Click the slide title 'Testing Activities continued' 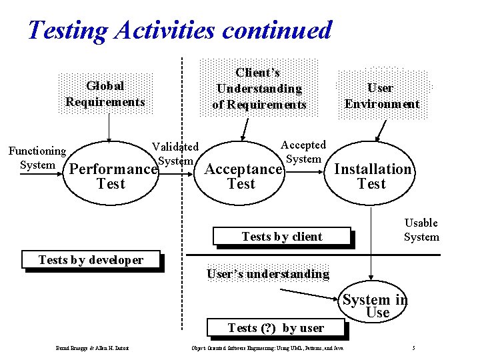[x=179, y=30]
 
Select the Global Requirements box [x=105, y=94]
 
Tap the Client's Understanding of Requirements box [x=259, y=89]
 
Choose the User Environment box [x=381, y=95]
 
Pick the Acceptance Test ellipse [x=242, y=175]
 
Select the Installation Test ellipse [x=372, y=175]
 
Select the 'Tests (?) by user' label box [x=275, y=328]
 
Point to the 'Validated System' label [x=175, y=153]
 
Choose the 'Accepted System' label [x=303, y=151]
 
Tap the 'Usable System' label [x=421, y=229]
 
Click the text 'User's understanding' [x=267, y=274]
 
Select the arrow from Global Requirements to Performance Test [x=109, y=126]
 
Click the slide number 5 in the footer [x=414, y=348]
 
